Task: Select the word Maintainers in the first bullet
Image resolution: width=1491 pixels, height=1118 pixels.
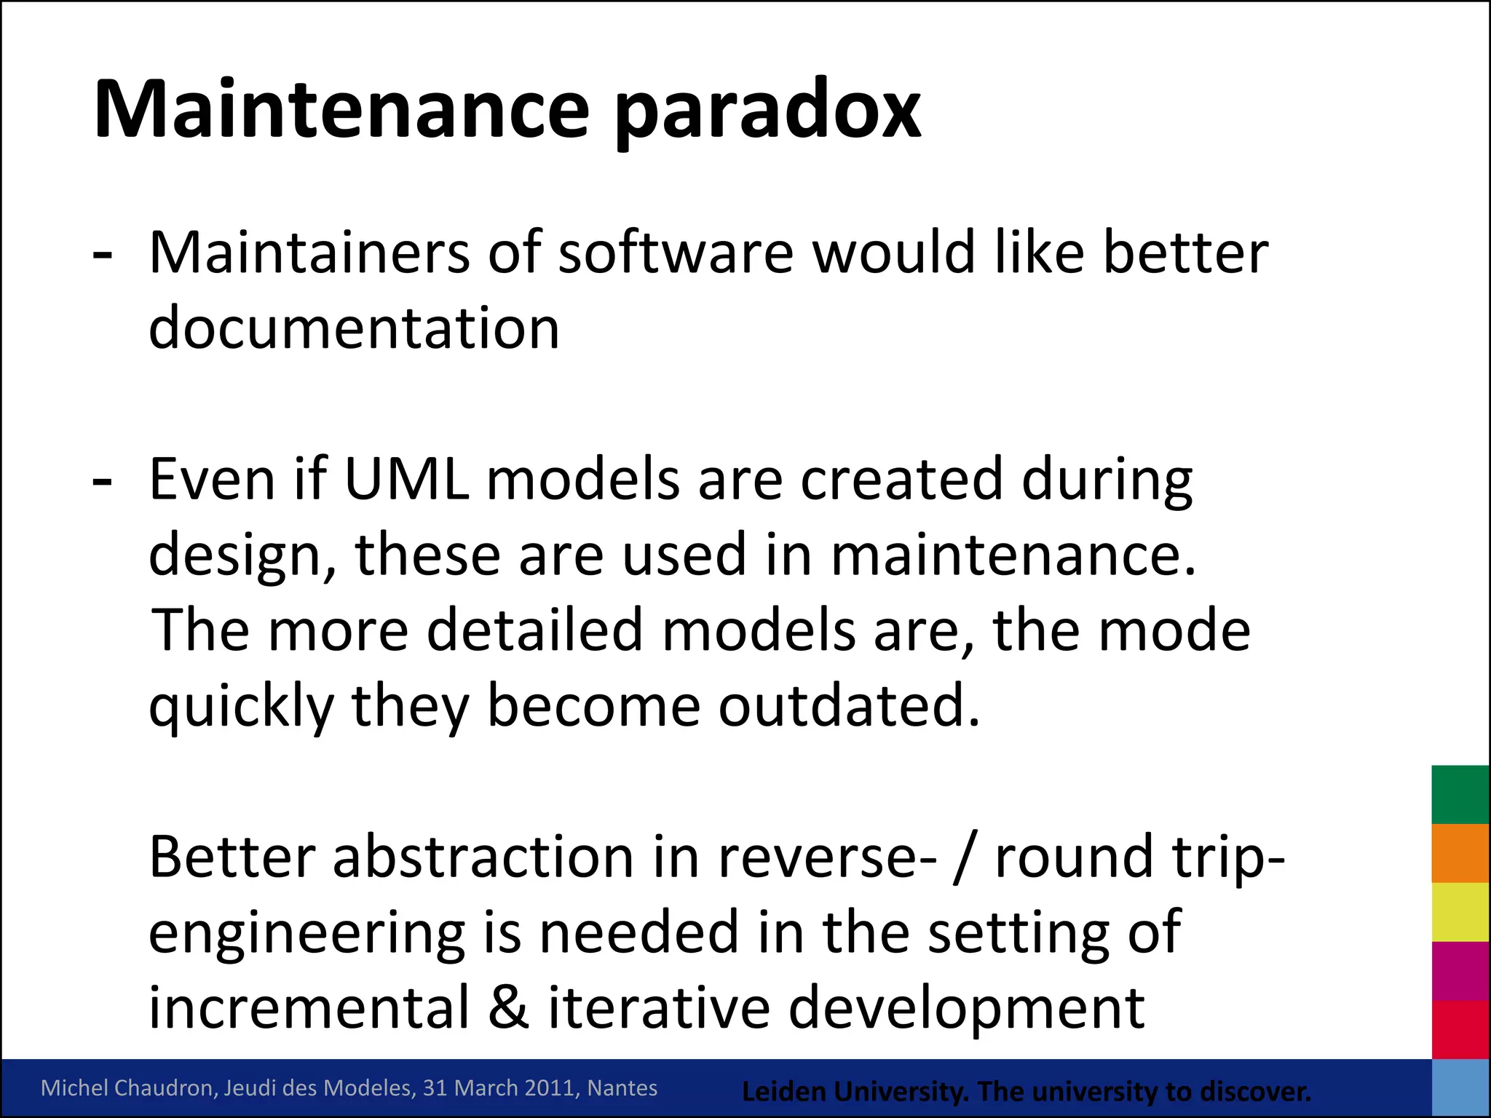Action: (309, 253)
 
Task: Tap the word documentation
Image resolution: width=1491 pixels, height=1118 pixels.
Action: (354, 328)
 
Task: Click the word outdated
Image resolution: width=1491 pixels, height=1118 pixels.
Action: (849, 705)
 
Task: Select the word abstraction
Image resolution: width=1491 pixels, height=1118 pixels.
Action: (483, 857)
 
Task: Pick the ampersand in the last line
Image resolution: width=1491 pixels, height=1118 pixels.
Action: (509, 1007)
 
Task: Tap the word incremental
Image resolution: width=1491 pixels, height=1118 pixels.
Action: (309, 1007)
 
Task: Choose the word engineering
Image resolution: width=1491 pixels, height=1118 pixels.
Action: (306, 934)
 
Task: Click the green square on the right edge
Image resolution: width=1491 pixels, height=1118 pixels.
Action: (1460, 794)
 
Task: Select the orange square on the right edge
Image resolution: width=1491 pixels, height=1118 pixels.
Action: (1460, 853)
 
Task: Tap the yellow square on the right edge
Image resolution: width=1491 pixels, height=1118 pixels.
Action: (1460, 912)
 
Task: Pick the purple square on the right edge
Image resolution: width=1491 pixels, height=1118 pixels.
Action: (1460, 971)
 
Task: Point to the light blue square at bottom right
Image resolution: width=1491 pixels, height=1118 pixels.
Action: (1460, 1088)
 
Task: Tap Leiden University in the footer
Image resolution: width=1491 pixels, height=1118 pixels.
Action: (855, 1092)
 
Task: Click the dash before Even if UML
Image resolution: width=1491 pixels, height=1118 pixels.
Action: (103, 482)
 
